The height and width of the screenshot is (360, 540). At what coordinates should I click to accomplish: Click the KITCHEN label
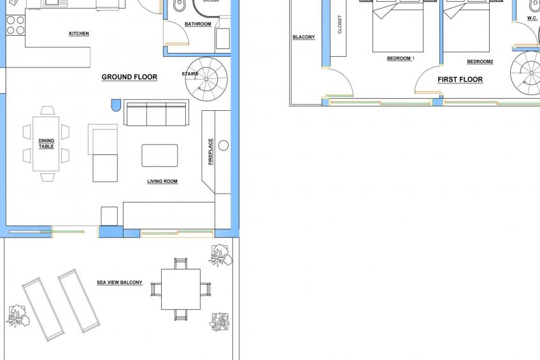point(79,34)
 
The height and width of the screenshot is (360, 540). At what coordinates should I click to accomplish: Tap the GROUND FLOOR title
point(129,77)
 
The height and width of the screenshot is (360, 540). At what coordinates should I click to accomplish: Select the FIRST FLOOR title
point(460,80)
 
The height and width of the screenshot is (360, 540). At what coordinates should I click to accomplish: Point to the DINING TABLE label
point(46,143)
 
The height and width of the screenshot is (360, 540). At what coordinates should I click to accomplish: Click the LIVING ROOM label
point(162,182)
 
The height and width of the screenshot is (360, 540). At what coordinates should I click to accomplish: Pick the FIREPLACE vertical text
point(211,152)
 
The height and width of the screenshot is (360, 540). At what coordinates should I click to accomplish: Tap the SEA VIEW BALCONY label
point(120,282)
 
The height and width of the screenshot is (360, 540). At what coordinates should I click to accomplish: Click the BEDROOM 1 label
point(401,59)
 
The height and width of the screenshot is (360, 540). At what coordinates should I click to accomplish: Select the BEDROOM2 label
point(480,62)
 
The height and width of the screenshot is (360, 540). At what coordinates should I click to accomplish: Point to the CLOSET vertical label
point(339,24)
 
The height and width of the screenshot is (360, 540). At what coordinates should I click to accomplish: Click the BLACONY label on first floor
point(304,37)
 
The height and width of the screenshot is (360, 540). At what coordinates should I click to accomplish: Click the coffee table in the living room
point(160,155)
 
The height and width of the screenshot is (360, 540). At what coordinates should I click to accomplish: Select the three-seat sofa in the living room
point(155,113)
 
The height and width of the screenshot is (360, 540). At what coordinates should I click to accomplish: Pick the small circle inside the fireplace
point(224,145)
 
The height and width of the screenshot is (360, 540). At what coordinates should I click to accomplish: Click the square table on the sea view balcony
point(180,289)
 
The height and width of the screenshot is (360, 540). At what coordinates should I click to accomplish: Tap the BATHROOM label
point(198,24)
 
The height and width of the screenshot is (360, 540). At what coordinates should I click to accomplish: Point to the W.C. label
point(532,18)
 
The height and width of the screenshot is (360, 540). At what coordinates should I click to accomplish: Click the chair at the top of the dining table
point(47,110)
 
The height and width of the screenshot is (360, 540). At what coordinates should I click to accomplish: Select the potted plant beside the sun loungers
point(16,315)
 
